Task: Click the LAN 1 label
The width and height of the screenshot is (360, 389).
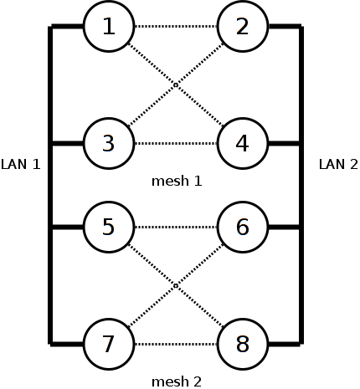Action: pyautogui.click(x=21, y=165)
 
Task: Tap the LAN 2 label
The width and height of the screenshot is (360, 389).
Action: pyautogui.click(x=338, y=165)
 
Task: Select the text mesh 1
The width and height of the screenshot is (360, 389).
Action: pyautogui.click(x=177, y=182)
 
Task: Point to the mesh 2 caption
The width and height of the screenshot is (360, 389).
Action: pyautogui.click(x=177, y=381)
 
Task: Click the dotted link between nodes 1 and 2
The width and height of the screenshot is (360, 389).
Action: pyautogui.click(x=176, y=27)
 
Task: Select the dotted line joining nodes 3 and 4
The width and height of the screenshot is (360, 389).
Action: pyautogui.click(x=176, y=144)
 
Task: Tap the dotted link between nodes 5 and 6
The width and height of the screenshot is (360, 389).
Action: pyautogui.click(x=176, y=228)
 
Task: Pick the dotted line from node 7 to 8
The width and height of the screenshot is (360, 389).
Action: pyautogui.click(x=176, y=345)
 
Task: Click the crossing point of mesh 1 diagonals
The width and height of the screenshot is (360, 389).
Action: pyautogui.click(x=176, y=84)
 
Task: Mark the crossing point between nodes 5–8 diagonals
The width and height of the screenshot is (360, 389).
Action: pyautogui.click(x=176, y=285)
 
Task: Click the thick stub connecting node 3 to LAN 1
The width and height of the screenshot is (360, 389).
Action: pyautogui.click(x=68, y=144)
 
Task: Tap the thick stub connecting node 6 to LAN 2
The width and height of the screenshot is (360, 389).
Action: pyautogui.click(x=284, y=228)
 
